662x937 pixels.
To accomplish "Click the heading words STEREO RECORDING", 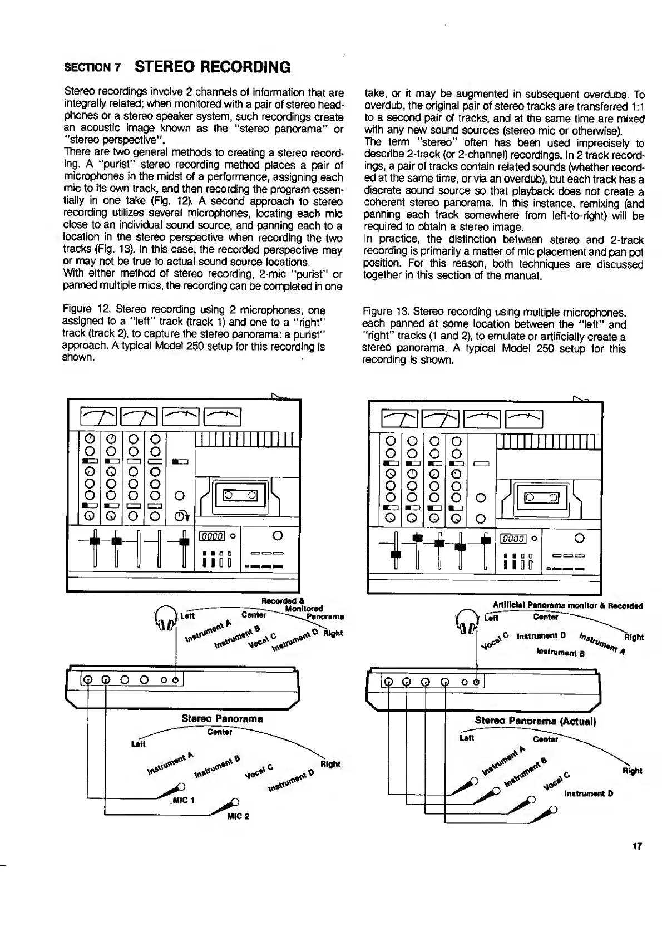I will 213,67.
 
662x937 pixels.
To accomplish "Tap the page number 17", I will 637,846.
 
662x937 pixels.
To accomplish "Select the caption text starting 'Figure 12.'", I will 194,333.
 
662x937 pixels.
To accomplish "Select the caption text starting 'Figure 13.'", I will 494,336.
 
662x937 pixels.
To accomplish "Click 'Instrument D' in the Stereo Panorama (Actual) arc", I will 589,793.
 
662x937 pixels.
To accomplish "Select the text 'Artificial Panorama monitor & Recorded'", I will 567,605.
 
